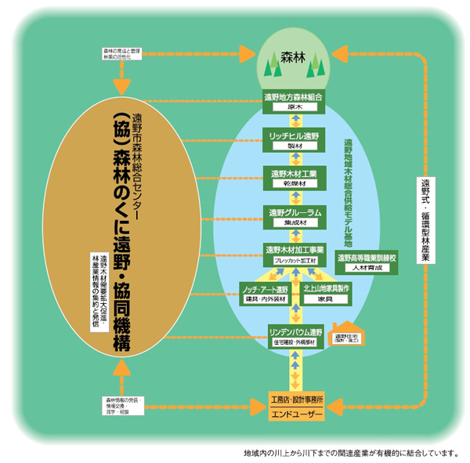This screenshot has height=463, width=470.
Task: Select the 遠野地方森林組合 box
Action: (294, 96)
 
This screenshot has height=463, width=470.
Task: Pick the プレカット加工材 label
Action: (294, 260)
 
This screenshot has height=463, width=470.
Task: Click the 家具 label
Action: (327, 299)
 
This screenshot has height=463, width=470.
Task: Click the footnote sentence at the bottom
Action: (348, 453)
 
